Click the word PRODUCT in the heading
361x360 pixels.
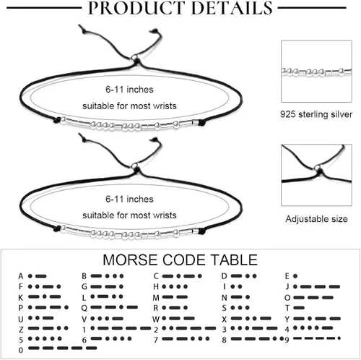click(x=136, y=7)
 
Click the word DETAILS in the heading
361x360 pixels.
click(x=232, y=7)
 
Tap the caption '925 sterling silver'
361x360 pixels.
click(x=316, y=114)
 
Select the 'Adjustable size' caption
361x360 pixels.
click(x=316, y=219)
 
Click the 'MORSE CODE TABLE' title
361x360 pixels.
click(x=180, y=260)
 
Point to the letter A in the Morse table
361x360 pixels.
click(x=21, y=276)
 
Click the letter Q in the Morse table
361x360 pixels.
click(x=84, y=308)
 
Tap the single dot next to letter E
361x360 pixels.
click(x=295, y=276)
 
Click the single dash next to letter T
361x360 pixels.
click(x=299, y=308)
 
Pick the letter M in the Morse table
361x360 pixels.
click(x=156, y=298)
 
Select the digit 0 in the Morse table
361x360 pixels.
click(x=21, y=350)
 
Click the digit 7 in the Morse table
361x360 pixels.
click(x=156, y=340)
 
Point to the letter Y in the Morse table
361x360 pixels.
click(x=287, y=319)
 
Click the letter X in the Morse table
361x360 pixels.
click(x=224, y=319)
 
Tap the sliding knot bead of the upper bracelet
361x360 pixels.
click(x=134, y=58)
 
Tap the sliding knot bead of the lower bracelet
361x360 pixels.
click(x=134, y=166)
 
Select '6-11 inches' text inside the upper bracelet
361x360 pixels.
click(x=129, y=90)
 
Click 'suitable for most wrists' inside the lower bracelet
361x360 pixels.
click(x=129, y=215)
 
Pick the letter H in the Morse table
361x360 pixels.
click(x=156, y=286)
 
